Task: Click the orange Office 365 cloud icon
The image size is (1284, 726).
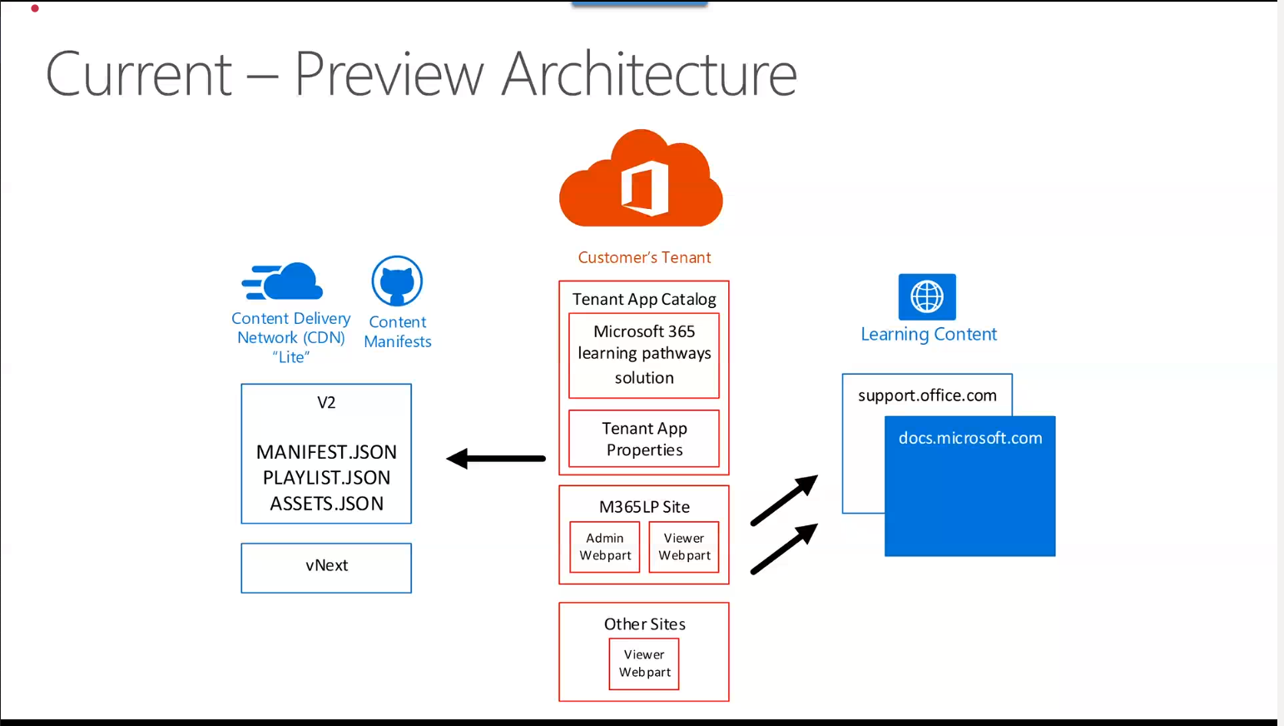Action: [x=642, y=179]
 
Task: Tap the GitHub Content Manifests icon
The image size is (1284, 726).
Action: [x=397, y=281]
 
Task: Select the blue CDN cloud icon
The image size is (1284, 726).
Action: [x=283, y=281]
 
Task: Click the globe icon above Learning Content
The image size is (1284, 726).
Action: [x=927, y=296]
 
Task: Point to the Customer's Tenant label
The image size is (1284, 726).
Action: [x=644, y=258]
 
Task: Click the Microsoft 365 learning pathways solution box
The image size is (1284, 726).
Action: [x=644, y=355]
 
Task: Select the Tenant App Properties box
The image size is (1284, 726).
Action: [x=644, y=439]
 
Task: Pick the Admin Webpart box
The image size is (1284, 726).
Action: [x=605, y=547]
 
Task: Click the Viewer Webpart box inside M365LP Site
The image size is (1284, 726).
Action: [x=684, y=547]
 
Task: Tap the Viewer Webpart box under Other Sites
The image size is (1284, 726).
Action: [x=644, y=664]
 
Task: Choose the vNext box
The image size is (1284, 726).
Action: [x=326, y=567]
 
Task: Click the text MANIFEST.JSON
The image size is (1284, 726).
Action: [x=326, y=452]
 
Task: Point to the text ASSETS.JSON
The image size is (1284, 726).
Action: [x=326, y=504]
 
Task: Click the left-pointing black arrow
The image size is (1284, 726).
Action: [x=496, y=459]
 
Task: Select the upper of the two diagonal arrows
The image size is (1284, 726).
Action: [x=784, y=500]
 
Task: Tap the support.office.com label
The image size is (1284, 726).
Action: [x=927, y=395]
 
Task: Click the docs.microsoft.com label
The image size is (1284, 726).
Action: [x=970, y=438]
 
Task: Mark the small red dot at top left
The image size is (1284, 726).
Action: [x=35, y=8]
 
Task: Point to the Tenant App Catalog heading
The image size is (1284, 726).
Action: [x=644, y=299]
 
